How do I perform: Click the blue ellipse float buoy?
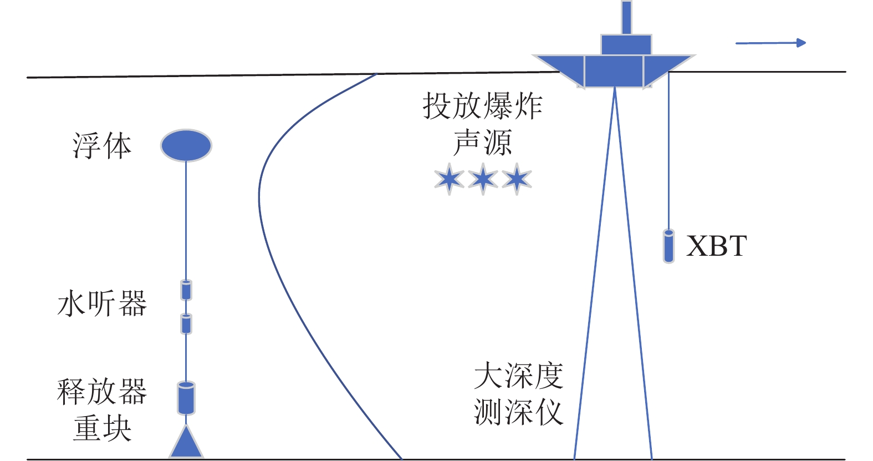click(x=186, y=145)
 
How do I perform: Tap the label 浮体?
click(x=102, y=146)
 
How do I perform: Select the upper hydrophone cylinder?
click(x=186, y=290)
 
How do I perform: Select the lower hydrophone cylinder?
click(x=186, y=324)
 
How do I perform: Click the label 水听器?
click(x=102, y=303)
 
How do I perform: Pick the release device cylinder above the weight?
click(x=186, y=398)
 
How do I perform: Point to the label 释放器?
click(x=102, y=392)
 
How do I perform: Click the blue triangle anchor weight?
click(x=186, y=442)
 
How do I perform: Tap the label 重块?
click(x=102, y=428)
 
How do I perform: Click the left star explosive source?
click(x=450, y=179)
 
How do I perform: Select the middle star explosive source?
click(x=483, y=179)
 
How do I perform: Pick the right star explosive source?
click(x=517, y=179)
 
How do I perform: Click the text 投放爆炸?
click(x=483, y=106)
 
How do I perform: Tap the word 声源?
click(x=483, y=143)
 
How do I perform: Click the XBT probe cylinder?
click(x=669, y=246)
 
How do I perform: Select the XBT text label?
click(x=716, y=246)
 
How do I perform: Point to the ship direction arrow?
click(x=770, y=43)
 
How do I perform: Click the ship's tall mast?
click(x=627, y=18)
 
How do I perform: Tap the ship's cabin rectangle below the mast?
click(x=626, y=45)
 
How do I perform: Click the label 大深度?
click(x=519, y=376)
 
